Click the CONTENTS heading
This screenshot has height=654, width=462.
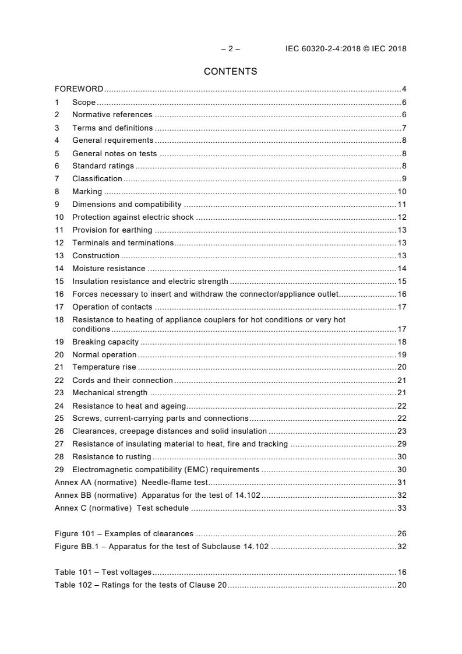(x=230, y=72)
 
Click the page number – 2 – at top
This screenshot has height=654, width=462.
(x=230, y=49)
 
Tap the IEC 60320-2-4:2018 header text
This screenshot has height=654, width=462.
(x=345, y=49)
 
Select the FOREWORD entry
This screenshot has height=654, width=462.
(x=79, y=89)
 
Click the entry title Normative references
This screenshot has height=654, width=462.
(x=112, y=115)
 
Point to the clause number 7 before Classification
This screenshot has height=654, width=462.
(x=57, y=179)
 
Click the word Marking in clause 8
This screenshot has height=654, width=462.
(x=87, y=192)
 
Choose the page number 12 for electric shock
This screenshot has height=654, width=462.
(x=401, y=217)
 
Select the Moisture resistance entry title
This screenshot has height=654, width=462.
(x=108, y=269)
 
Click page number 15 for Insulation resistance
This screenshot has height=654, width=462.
(x=401, y=282)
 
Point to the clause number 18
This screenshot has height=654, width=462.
(x=59, y=320)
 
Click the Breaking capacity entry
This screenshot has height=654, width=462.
(x=105, y=342)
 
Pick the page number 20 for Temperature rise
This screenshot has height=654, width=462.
(x=401, y=367)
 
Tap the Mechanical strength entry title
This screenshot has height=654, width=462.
(x=110, y=393)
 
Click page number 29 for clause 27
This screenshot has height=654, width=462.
(x=401, y=444)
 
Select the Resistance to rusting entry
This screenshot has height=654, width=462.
(x=111, y=457)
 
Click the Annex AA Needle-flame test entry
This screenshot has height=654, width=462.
(x=131, y=483)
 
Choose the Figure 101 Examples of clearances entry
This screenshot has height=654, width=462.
(x=124, y=534)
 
